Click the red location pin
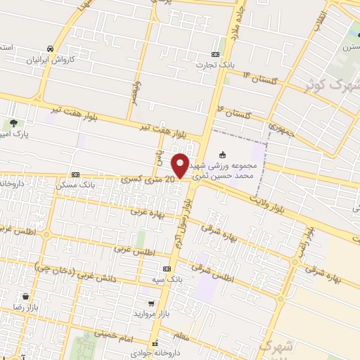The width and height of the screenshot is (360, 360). pos(179,165)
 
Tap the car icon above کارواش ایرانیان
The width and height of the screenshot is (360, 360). pos(50,49)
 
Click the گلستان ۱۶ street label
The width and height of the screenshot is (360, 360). pos(238,112)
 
